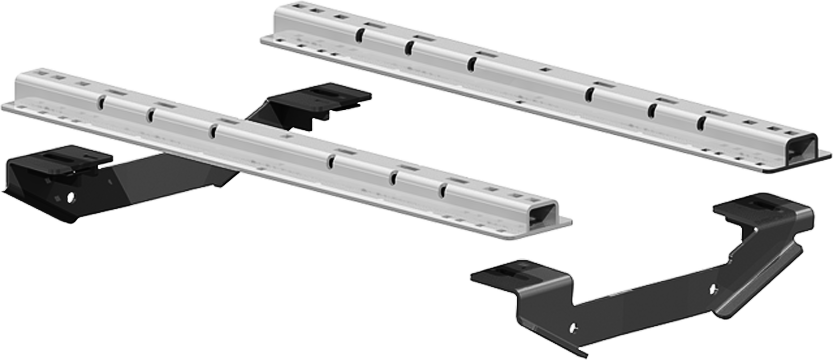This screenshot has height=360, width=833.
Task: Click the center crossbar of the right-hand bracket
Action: [650, 300]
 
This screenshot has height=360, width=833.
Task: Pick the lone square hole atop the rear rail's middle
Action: [546, 69]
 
